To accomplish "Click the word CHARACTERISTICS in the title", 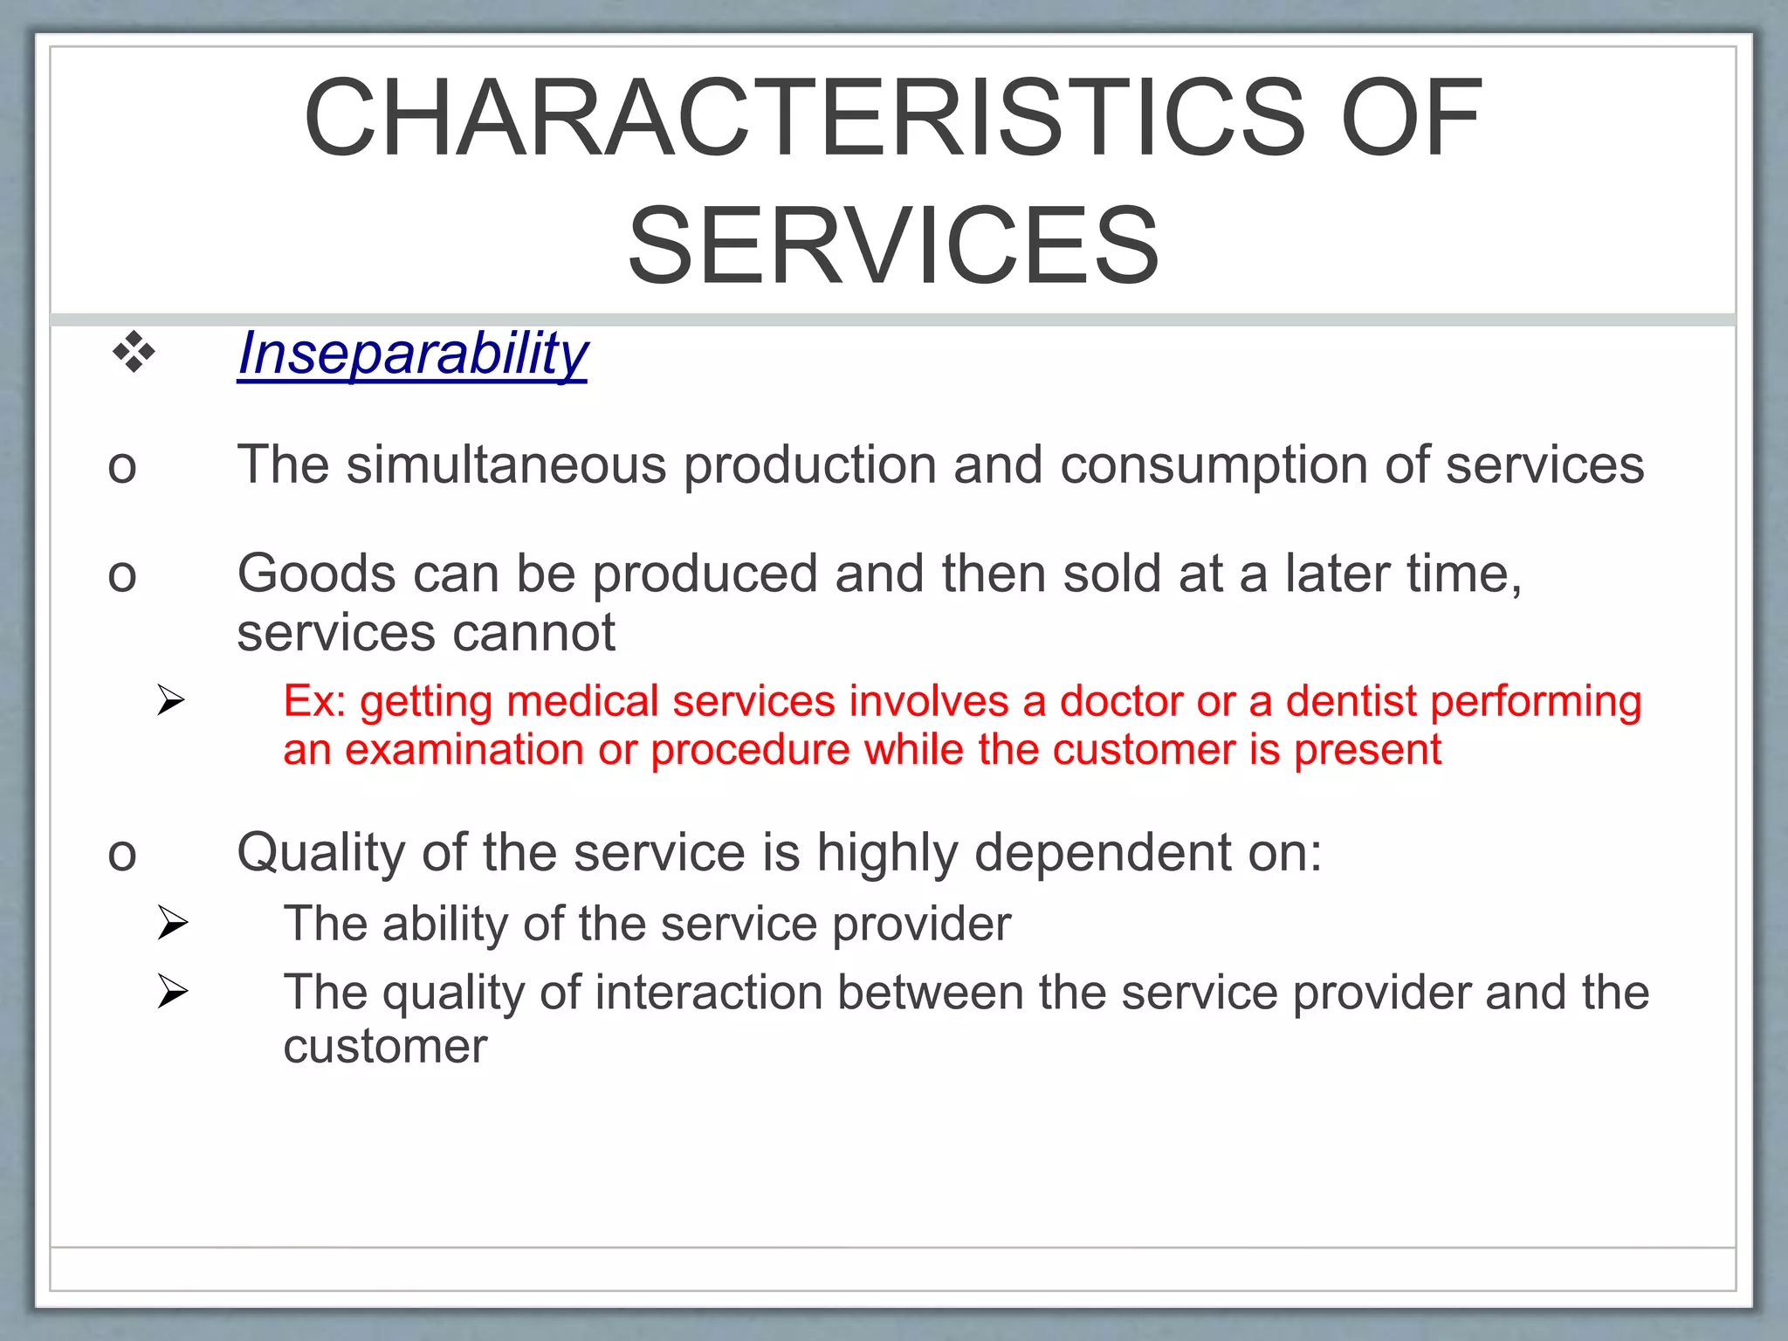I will click(804, 118).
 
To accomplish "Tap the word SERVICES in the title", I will click(893, 245).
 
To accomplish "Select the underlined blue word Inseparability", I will click(413, 354).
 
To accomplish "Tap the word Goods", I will click(317, 574).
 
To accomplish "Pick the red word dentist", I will click(1351, 701).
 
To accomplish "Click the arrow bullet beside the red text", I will click(172, 700).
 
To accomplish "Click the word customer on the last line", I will click(385, 1046).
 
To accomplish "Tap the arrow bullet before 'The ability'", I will click(172, 923).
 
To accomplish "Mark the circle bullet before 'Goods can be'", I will click(122, 576).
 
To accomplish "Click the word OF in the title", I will click(1411, 118).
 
